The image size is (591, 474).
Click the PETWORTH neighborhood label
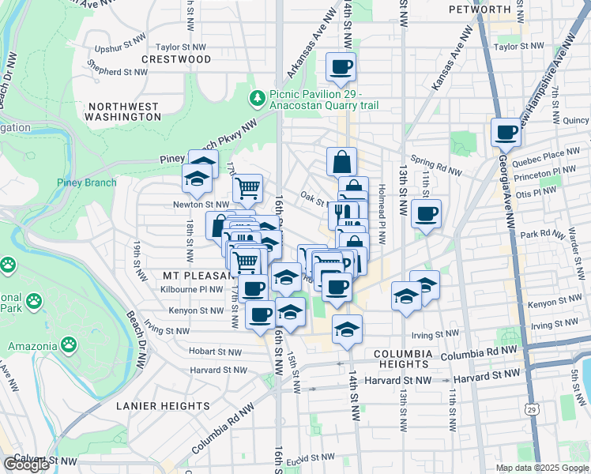tap(480, 9)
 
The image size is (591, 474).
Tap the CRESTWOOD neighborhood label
tap(177, 59)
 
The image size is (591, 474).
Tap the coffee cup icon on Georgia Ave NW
tap(506, 131)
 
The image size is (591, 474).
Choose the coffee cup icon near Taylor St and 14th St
tap(341, 67)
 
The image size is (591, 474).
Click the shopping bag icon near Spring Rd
tap(341, 162)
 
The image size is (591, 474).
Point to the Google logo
tap(25, 465)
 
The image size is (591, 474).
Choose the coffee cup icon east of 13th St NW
tap(426, 213)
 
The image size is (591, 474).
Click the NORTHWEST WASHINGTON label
tap(124, 111)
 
